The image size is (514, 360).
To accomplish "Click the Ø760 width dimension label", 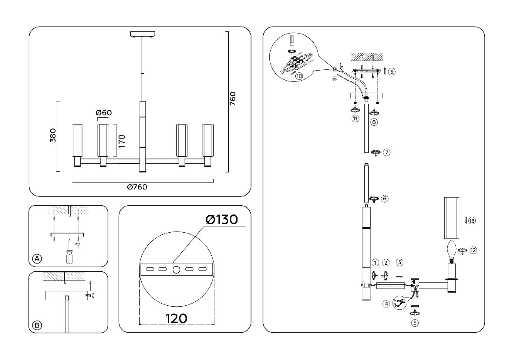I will click(x=137, y=187).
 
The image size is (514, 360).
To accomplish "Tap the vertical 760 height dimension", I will click(x=232, y=99).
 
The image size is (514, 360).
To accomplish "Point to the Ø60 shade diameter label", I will click(x=103, y=113).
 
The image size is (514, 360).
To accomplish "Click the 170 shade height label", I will click(x=122, y=142).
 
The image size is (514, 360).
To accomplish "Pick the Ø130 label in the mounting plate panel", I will click(x=222, y=220).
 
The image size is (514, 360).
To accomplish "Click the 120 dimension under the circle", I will click(x=176, y=318).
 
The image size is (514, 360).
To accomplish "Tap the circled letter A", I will click(x=37, y=259).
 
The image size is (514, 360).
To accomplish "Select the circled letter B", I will click(x=37, y=325).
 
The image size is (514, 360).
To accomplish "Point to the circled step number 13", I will click(x=472, y=221).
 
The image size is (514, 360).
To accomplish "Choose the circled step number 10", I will click(x=299, y=76).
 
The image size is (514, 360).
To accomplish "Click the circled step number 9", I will click(x=392, y=71).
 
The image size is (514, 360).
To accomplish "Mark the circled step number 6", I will click(x=384, y=198).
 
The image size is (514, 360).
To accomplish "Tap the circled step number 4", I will click(x=386, y=304).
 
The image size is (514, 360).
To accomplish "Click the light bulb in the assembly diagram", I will click(x=451, y=249).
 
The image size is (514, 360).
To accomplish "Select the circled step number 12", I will click(x=473, y=250).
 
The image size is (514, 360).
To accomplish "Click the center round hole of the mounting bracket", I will click(x=176, y=270).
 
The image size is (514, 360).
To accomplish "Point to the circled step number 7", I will click(x=387, y=152).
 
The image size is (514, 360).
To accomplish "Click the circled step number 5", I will click(x=415, y=323).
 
